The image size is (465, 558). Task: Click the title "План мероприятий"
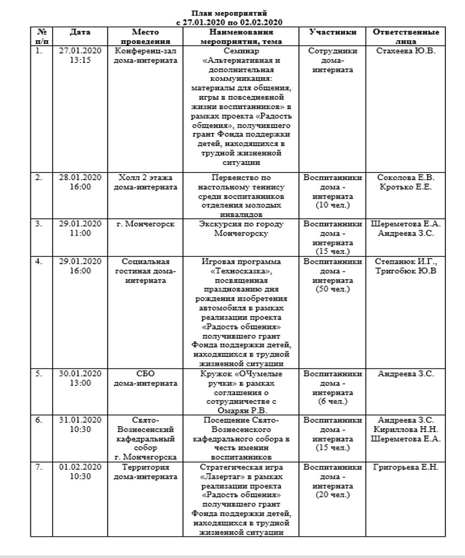coord(229,13)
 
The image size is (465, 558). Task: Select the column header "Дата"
coord(80,32)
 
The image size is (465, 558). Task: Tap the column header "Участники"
coord(333,32)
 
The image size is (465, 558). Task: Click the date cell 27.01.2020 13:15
coord(80,55)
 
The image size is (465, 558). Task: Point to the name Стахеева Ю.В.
coord(406,51)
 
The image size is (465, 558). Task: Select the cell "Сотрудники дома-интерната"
coord(333,60)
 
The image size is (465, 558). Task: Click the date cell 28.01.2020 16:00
coord(80,182)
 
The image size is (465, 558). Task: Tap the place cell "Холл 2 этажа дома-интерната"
coord(145,182)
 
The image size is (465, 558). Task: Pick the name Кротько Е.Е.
coord(405,187)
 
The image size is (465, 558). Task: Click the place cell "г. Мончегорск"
coord(145,224)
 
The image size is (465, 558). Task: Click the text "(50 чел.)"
coord(333,289)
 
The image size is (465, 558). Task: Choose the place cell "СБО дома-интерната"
coord(145,378)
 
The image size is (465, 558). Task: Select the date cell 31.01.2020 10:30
coord(80,425)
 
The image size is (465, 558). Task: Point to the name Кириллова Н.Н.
coord(405,429)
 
